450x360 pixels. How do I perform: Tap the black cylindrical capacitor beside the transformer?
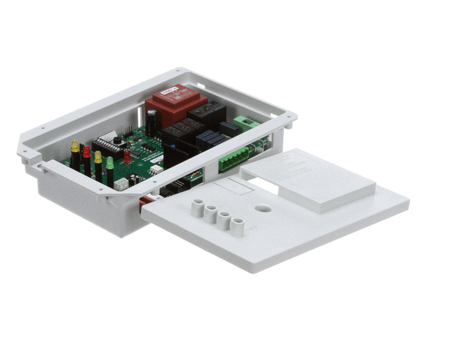[x=151, y=121]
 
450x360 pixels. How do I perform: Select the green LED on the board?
[x=109, y=163]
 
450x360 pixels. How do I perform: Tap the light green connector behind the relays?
[x=245, y=121]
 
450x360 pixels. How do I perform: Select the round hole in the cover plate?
[x=263, y=206]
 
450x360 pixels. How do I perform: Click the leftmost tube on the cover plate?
[x=197, y=207]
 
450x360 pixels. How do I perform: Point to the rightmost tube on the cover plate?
[x=237, y=225]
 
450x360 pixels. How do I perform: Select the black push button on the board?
[x=118, y=141]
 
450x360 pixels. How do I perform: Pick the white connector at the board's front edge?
[x=120, y=183]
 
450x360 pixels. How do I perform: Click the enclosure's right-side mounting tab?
[x=289, y=118]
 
